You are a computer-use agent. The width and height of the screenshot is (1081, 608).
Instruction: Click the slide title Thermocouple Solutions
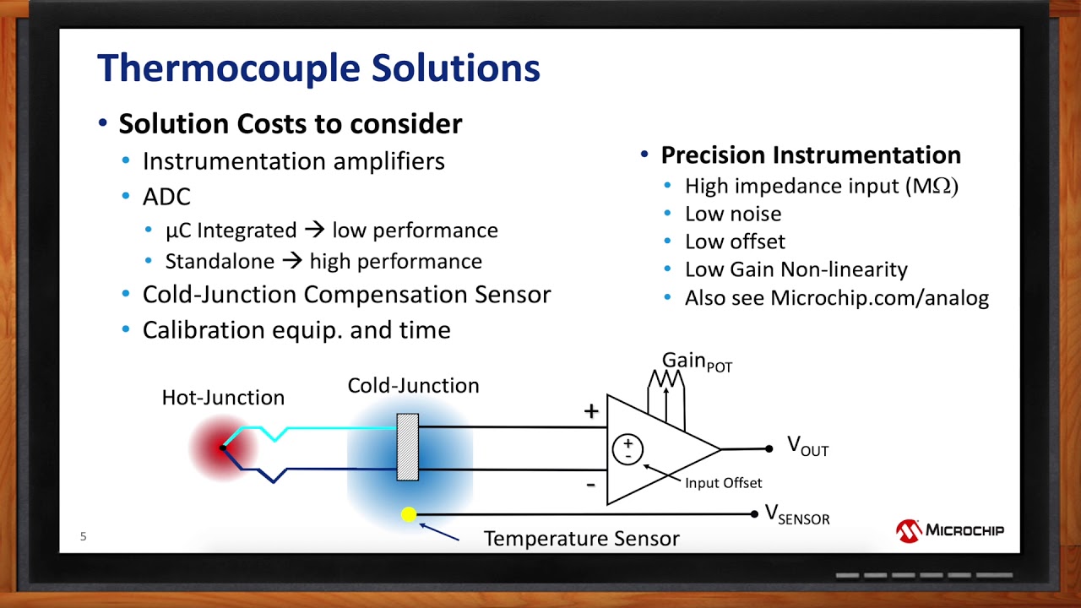(318, 68)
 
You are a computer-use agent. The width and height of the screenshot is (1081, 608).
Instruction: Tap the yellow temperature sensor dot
(409, 514)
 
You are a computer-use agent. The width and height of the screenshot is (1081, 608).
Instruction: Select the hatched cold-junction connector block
(407, 447)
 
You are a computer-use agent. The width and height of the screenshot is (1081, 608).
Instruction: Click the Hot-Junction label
(223, 398)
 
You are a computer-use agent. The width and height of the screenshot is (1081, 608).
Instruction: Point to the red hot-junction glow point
(222, 447)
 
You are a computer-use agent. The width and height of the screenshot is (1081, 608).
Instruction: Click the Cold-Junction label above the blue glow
(413, 386)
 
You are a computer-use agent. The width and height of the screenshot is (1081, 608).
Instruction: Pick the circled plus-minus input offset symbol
(627, 449)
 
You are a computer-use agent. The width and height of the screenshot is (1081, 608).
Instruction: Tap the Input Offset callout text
(723, 483)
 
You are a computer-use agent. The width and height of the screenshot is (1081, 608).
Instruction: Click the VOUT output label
(807, 446)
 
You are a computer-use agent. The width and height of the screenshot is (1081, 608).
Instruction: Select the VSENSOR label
(796, 514)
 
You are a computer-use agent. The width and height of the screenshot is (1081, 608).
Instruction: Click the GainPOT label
(697, 362)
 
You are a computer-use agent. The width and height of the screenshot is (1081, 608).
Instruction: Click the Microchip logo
(950, 530)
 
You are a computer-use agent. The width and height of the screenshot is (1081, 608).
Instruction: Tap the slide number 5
(83, 536)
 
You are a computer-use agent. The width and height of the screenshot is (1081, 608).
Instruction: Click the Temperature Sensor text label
(581, 538)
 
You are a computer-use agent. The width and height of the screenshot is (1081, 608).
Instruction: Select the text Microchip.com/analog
(879, 298)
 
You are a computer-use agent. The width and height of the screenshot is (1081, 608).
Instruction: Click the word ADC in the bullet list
(166, 197)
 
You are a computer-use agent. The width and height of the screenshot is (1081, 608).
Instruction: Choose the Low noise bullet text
(733, 214)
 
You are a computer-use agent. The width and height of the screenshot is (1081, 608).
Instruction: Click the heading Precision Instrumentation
(811, 155)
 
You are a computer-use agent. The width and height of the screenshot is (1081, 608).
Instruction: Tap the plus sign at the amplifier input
(591, 411)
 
